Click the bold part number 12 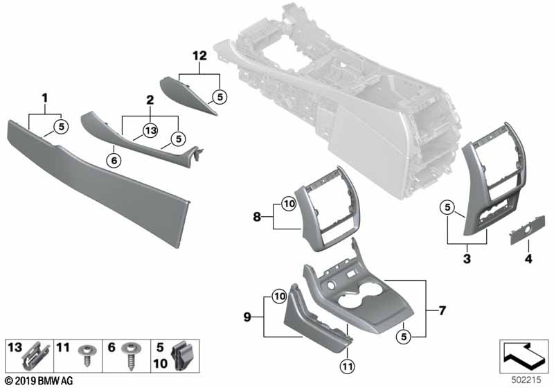(x=199, y=56)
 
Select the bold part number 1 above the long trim (x=45, y=98)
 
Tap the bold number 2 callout (x=150, y=100)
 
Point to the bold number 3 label (x=467, y=258)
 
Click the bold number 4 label (x=528, y=259)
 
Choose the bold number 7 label (x=442, y=310)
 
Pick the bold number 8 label (x=257, y=216)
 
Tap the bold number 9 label (x=247, y=317)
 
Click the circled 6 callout (x=114, y=161)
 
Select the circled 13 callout (x=151, y=131)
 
